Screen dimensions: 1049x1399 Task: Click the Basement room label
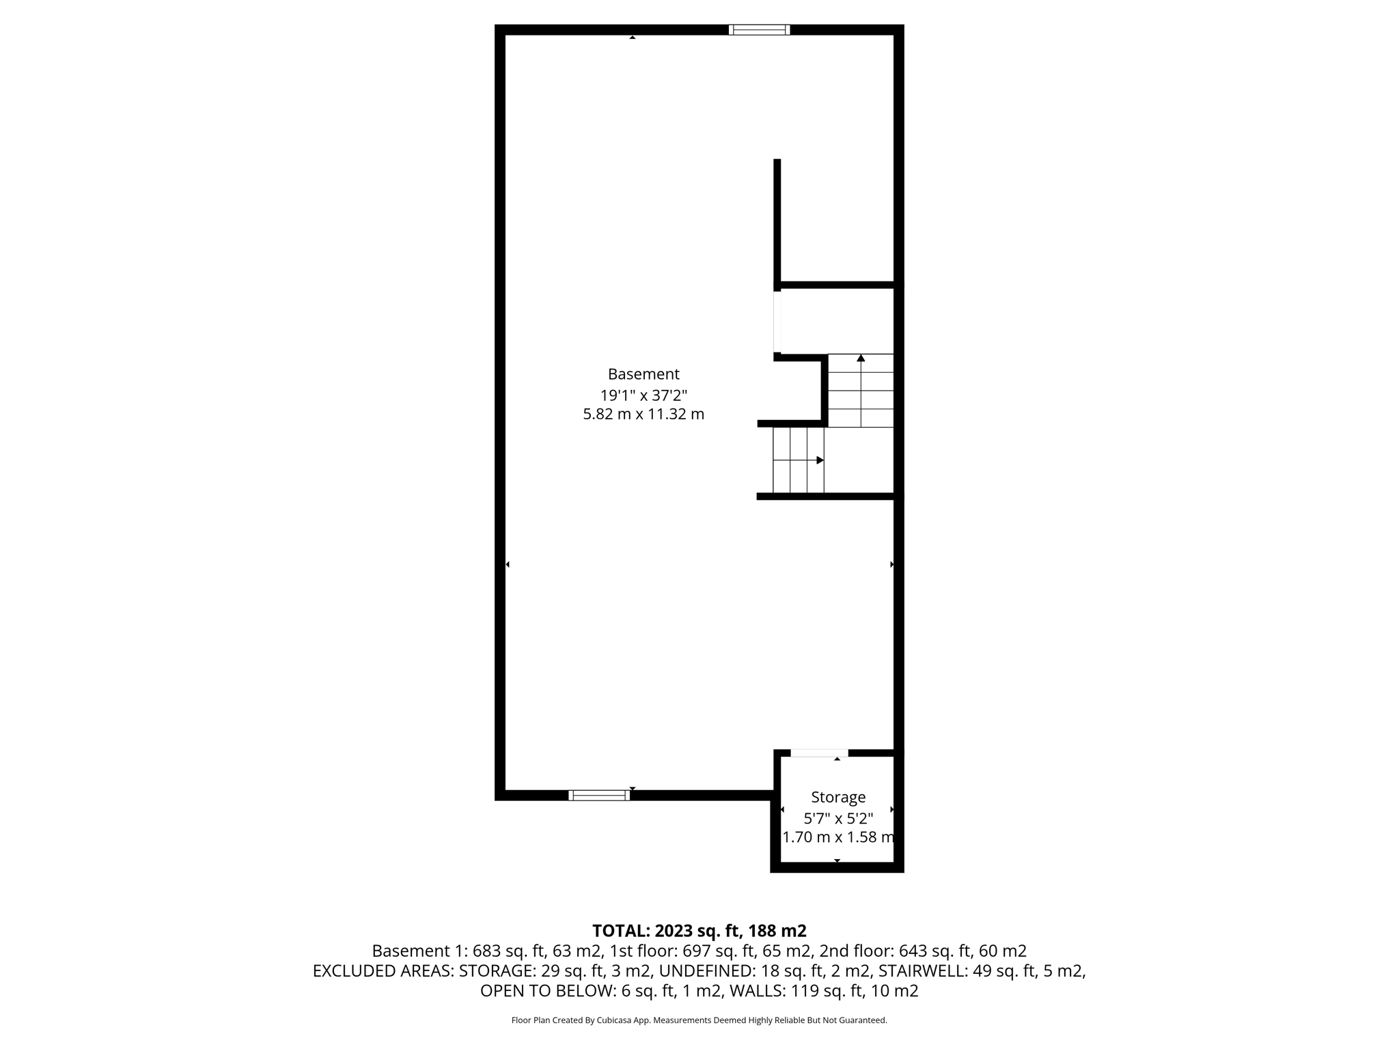point(643,374)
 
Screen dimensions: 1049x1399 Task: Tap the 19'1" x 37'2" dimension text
point(643,395)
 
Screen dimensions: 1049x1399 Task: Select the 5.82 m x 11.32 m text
point(643,414)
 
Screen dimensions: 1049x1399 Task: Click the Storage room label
point(838,797)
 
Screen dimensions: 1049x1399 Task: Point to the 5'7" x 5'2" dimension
point(838,817)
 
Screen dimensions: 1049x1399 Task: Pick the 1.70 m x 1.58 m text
point(838,837)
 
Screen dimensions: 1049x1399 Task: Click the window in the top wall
point(759,29)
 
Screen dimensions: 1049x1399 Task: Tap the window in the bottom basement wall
point(599,795)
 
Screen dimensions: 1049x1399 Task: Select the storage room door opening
point(819,753)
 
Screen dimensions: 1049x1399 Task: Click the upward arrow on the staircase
point(861,358)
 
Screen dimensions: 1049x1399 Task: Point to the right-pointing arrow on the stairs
point(820,460)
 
